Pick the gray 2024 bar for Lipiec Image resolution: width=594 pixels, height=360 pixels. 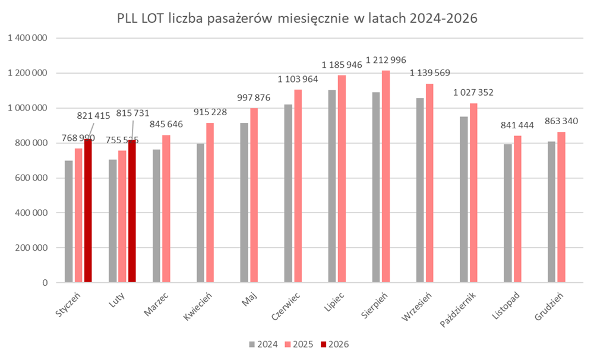332,187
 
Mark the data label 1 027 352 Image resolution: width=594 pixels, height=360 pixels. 473,93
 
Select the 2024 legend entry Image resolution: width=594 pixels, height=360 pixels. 261,344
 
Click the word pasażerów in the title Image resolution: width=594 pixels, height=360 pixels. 239,18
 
